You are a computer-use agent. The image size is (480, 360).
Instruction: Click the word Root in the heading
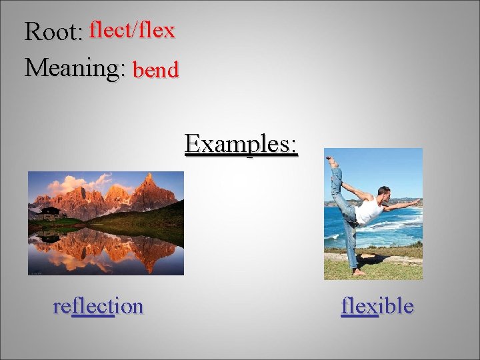click(x=51, y=31)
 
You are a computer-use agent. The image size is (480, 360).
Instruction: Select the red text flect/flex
click(x=132, y=30)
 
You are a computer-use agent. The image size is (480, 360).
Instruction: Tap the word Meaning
click(x=74, y=67)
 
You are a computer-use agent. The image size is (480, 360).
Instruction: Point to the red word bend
click(x=156, y=69)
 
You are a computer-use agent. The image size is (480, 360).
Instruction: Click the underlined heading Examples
click(x=241, y=143)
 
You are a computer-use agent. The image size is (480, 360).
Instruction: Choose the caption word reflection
click(x=98, y=306)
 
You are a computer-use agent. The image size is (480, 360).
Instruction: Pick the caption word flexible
click(x=377, y=306)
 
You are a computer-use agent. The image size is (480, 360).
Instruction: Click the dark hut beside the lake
click(x=49, y=213)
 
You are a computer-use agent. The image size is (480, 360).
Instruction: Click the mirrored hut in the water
click(x=49, y=236)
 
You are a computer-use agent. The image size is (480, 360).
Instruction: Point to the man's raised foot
click(x=330, y=160)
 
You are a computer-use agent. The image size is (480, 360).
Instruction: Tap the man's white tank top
click(x=368, y=212)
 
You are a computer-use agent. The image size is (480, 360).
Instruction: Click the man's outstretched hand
click(x=417, y=200)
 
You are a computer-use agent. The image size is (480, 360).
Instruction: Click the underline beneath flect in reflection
click(x=93, y=315)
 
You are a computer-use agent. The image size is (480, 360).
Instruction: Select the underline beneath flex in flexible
click(x=359, y=315)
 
